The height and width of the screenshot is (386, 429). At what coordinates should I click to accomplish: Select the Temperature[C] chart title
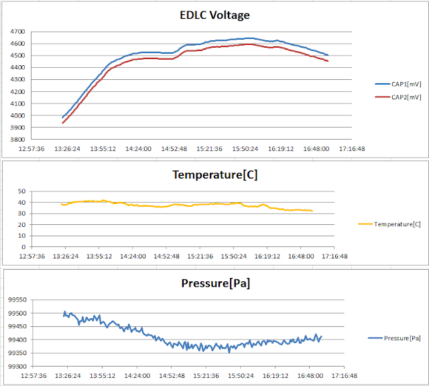coord(214,175)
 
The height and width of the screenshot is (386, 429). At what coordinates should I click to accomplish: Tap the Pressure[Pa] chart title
coord(215,283)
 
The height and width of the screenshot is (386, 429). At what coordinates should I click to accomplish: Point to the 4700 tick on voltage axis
coord(18,32)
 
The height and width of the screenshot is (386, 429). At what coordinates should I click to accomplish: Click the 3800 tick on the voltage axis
coord(18,140)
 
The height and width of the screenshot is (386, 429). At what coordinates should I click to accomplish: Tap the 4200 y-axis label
coord(18,92)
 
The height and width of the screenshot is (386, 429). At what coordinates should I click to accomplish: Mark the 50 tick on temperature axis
coord(21,192)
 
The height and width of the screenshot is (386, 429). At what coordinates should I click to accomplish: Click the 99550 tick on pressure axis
coord(16,300)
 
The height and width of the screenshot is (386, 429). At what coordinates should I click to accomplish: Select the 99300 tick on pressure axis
coord(16,367)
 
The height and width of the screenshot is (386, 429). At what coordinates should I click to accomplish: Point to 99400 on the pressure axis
coord(16,340)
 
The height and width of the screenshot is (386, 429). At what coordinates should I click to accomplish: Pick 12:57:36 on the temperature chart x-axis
coord(32,256)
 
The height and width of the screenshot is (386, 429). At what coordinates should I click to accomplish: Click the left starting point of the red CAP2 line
coord(62,123)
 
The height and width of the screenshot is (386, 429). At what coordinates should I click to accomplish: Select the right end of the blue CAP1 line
coord(328,55)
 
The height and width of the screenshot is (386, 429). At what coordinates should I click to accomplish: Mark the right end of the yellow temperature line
coord(312,211)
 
